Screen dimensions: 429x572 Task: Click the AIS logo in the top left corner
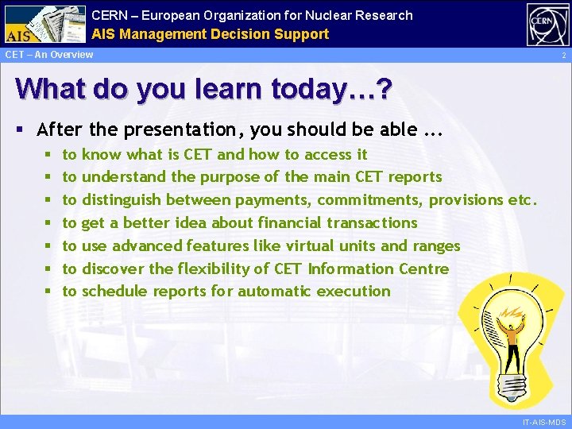[44, 24]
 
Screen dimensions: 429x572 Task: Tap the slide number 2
[562, 56]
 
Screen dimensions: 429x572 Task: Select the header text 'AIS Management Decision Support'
[210, 34]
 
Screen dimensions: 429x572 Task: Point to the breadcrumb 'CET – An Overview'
[49, 55]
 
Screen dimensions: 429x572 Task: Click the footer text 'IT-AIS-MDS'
[544, 421]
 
